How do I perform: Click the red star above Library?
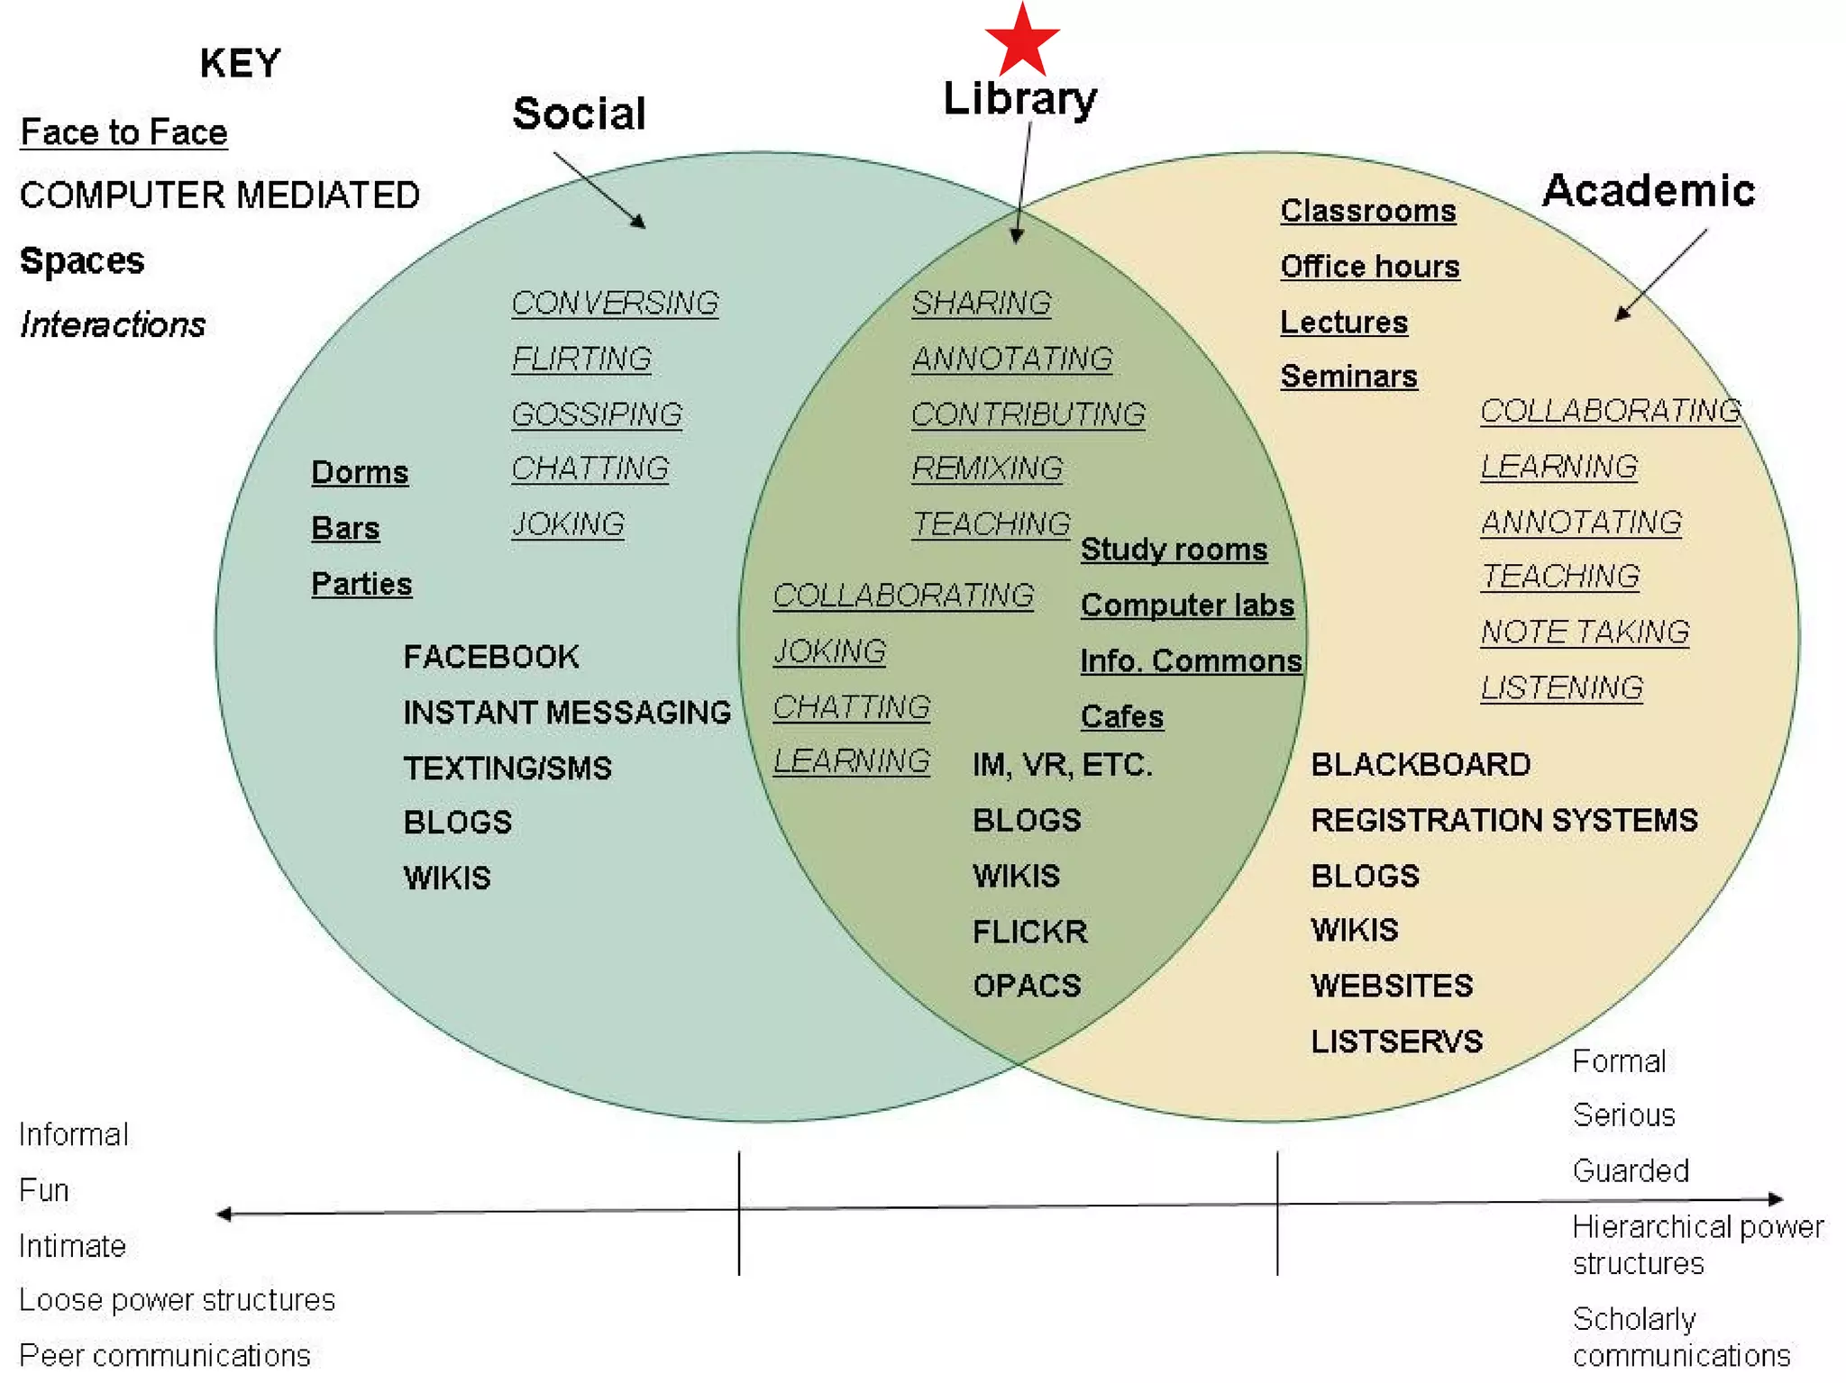1021,41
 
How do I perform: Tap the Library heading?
1019,98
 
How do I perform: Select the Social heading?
579,114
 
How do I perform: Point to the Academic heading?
1649,191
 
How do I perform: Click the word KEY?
240,64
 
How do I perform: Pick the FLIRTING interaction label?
581,359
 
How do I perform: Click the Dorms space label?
360,472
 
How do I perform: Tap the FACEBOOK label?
491,657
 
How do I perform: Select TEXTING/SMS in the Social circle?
507,769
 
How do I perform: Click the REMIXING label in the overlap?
987,469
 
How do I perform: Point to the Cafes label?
1122,717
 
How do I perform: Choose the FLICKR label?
1030,932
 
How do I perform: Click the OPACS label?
1027,986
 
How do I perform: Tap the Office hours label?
1370,267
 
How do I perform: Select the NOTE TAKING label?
1585,632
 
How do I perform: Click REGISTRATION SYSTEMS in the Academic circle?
1504,821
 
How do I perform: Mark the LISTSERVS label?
1396,1042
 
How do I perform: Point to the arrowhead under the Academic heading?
1622,314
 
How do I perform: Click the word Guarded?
1631,1171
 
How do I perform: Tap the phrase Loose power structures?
177,1300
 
